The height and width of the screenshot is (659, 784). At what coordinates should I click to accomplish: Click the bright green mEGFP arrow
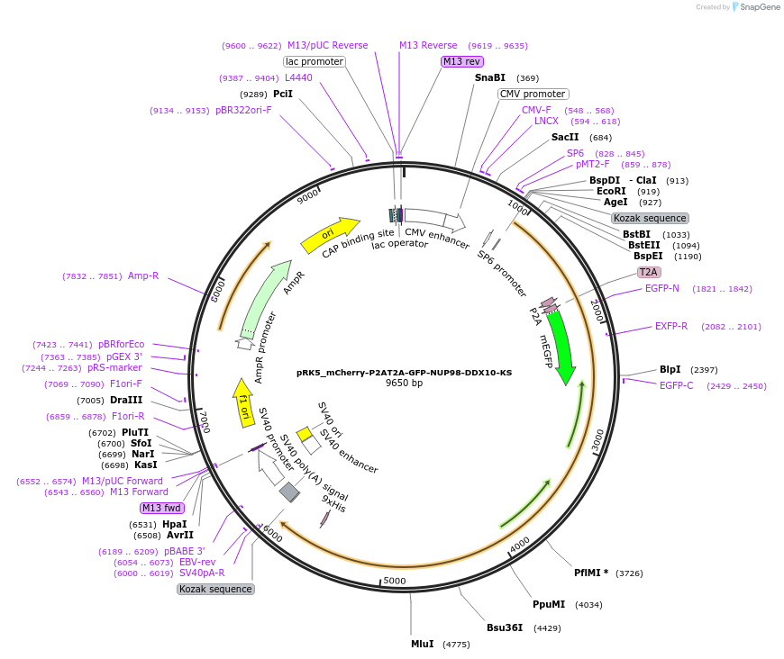[561, 347]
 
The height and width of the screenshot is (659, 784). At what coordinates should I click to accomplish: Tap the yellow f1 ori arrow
[242, 402]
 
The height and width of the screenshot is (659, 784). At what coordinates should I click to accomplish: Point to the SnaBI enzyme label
[490, 78]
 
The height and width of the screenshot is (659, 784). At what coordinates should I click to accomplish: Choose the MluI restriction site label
[423, 644]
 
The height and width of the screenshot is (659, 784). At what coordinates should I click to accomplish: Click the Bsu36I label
[505, 627]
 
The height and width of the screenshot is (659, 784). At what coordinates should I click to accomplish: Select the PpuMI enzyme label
[549, 604]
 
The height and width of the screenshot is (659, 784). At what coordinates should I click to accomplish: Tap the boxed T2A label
[649, 272]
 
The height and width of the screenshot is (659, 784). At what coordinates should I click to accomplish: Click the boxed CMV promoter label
[533, 94]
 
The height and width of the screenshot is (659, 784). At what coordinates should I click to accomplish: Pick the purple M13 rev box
[461, 61]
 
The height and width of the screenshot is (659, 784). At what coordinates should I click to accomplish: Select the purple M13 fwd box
[162, 508]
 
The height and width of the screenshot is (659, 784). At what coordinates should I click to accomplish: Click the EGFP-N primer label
[662, 288]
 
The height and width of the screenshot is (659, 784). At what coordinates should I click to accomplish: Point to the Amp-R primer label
[143, 275]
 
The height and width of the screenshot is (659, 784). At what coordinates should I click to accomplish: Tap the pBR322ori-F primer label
[243, 110]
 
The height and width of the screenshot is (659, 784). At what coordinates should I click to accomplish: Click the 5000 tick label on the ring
[395, 581]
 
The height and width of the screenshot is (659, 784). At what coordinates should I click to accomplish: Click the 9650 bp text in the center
[404, 383]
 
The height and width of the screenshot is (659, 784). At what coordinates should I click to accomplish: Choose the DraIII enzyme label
[126, 400]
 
